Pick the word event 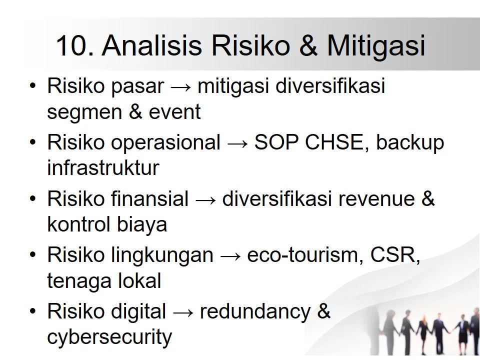tap(174, 112)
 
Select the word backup tap(410, 143)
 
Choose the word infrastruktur tap(103, 168)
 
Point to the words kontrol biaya tap(107, 224)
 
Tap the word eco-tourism tap(299, 256)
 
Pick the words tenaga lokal tap(104, 281)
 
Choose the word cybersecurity tap(109, 337)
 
